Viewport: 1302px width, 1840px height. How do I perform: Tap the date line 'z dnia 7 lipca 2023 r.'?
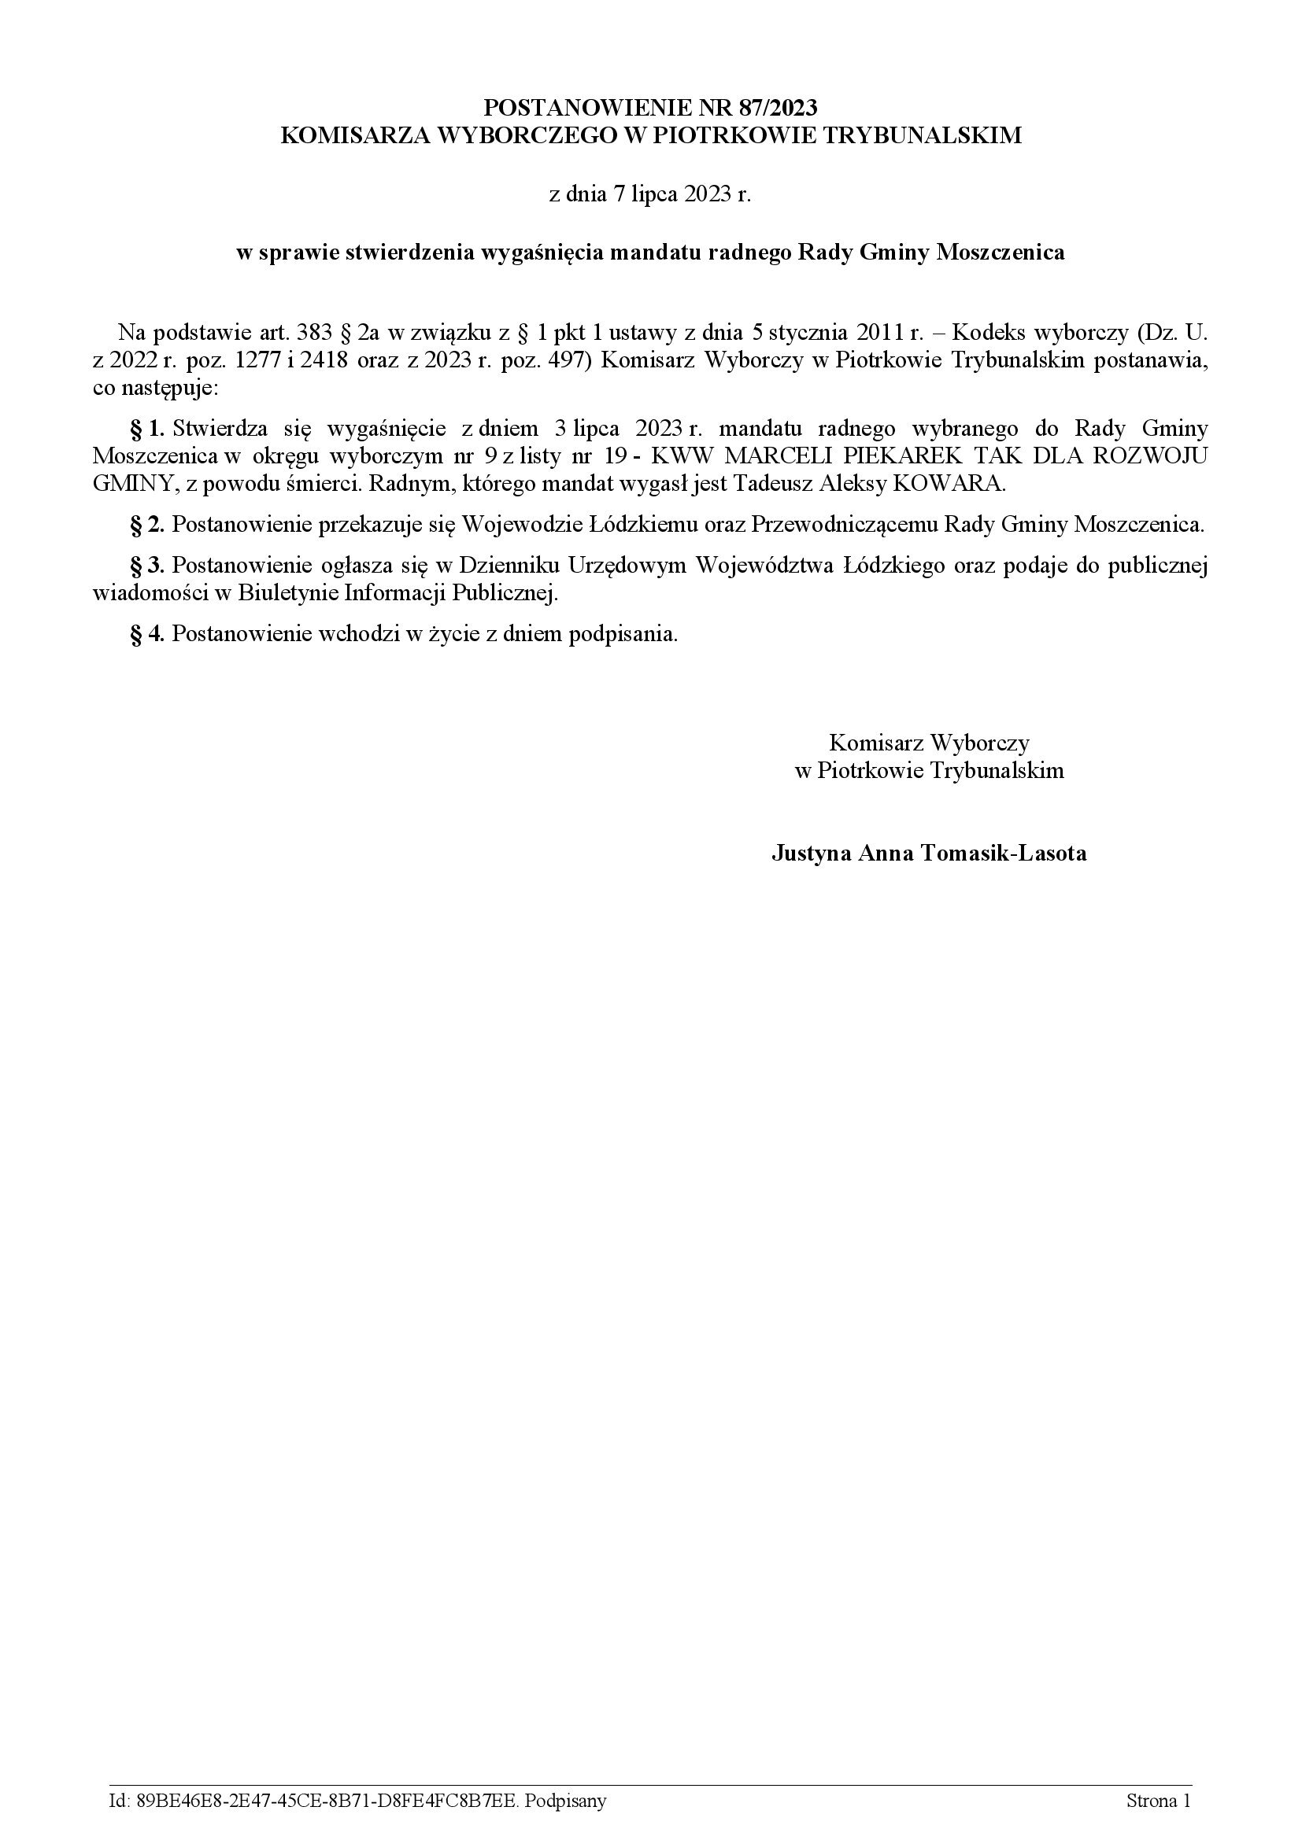650,195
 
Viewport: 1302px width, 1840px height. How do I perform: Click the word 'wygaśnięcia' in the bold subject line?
542,253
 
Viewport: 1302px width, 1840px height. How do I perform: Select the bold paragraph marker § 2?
147,525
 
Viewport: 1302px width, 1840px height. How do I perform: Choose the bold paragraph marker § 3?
147,566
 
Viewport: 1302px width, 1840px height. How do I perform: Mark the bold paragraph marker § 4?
147,634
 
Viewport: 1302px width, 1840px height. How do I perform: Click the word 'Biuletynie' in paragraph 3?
286,594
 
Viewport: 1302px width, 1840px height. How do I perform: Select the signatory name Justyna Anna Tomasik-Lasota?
929,853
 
